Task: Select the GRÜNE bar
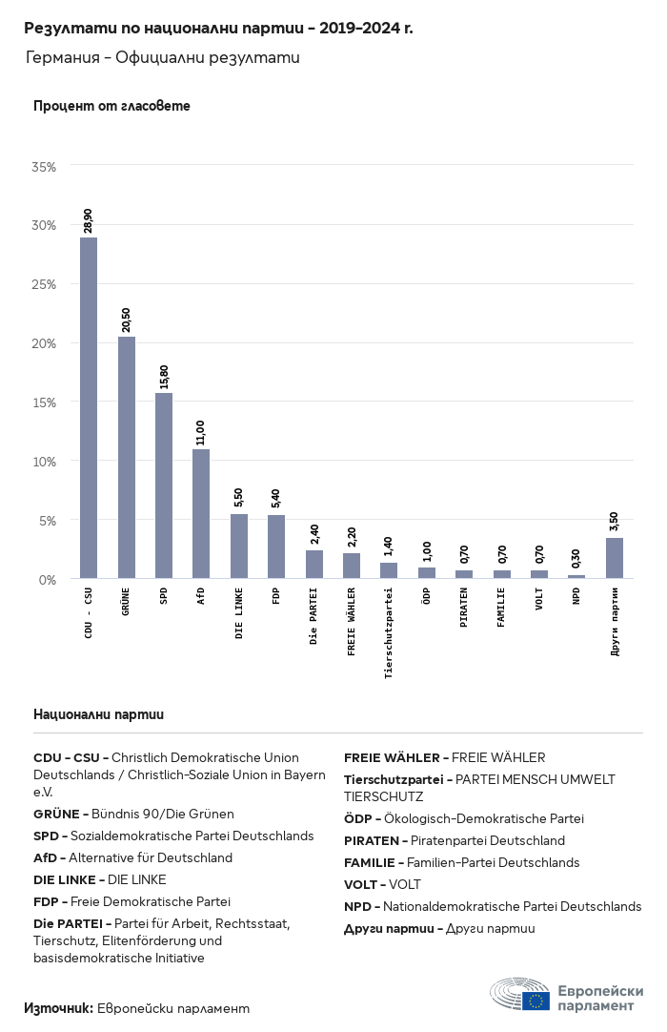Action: point(126,458)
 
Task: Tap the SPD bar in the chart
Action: point(164,485)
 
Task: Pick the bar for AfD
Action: point(201,514)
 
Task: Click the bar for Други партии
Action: point(615,558)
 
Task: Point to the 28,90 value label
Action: point(89,220)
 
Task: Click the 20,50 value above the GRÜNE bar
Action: point(126,320)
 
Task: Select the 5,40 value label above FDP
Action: point(276,498)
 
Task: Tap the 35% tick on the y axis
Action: point(45,167)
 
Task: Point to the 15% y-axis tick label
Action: point(45,402)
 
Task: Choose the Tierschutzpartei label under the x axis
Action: point(389,633)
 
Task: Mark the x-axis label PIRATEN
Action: point(464,608)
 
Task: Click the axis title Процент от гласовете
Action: point(111,106)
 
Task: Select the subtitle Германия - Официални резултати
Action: point(163,58)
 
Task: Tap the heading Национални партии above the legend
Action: point(98,713)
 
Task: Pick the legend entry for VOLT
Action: point(382,884)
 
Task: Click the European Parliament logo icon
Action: point(520,994)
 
